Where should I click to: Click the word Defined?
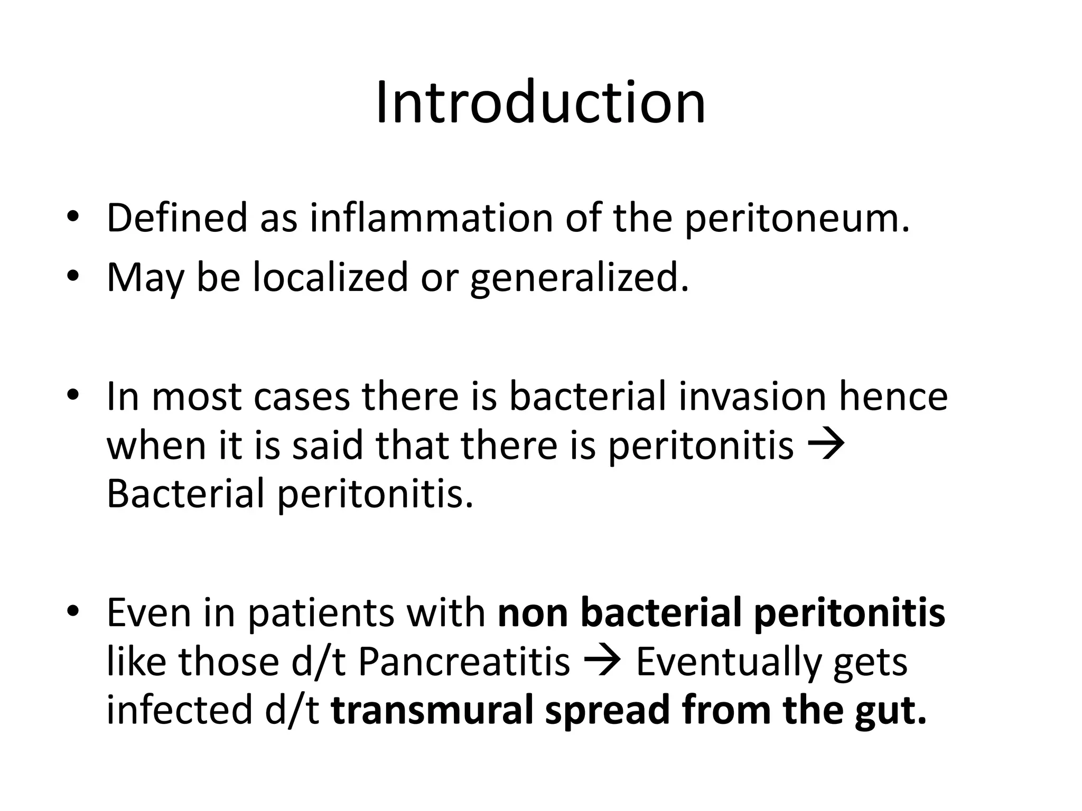(x=176, y=218)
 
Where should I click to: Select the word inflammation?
(x=431, y=218)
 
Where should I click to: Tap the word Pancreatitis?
(x=464, y=661)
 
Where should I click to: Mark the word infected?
(x=180, y=710)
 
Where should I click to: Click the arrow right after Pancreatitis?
(x=603, y=662)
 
